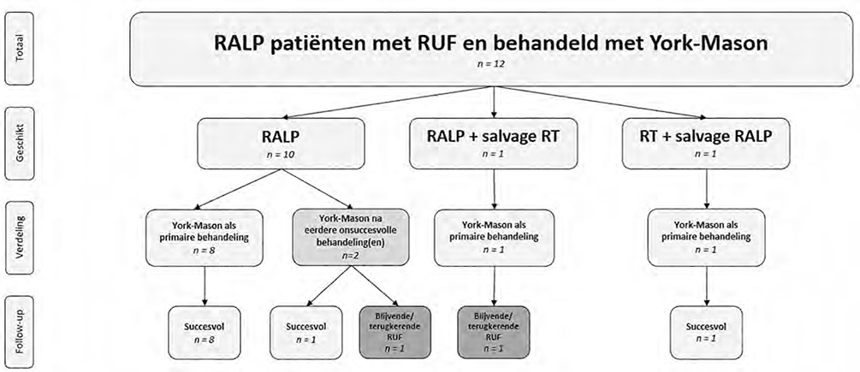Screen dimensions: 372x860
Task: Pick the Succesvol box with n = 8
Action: point(204,332)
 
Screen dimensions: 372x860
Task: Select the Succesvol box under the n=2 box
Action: point(305,332)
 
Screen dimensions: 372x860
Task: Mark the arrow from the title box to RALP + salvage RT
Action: point(495,101)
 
